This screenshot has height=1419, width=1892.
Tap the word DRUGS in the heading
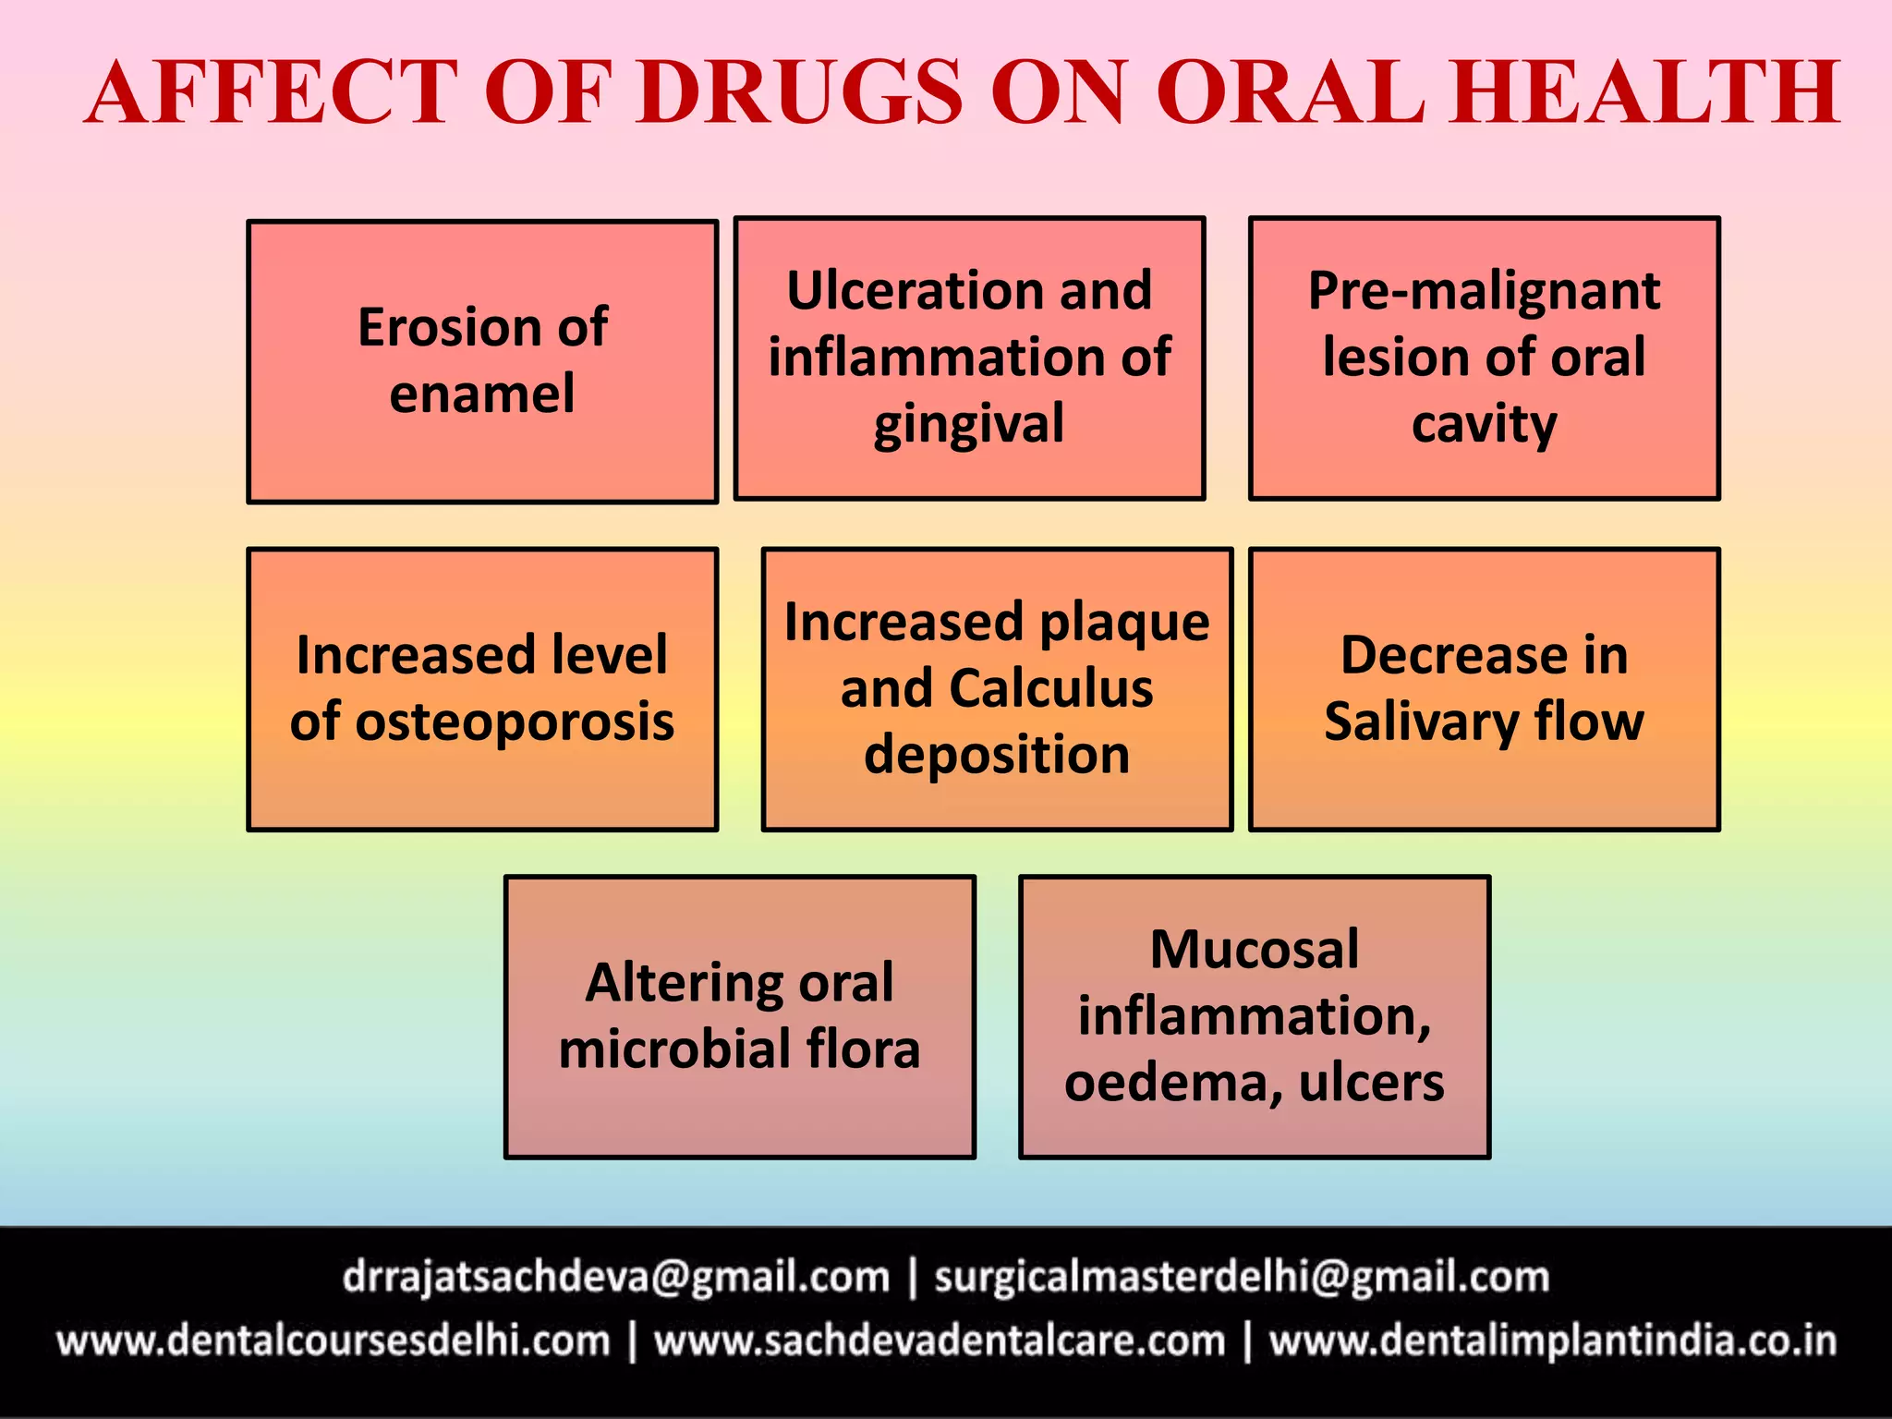(800, 92)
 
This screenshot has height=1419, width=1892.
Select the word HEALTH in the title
(1644, 92)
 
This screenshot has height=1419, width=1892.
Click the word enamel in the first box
(482, 394)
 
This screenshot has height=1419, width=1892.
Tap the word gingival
(969, 425)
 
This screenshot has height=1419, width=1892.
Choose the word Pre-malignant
(1484, 290)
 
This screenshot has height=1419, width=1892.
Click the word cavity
(1484, 425)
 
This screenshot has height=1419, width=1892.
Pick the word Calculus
(1051, 688)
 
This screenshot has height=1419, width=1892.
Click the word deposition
(997, 755)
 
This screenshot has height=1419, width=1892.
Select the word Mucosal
(1254, 949)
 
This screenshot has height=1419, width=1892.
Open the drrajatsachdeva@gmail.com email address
(616, 1278)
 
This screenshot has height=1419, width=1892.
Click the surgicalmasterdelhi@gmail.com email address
(1242, 1278)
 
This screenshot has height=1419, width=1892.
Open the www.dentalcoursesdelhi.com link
(334, 1341)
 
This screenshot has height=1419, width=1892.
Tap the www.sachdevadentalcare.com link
(940, 1341)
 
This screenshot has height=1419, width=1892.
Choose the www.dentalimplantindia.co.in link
(1552, 1341)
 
